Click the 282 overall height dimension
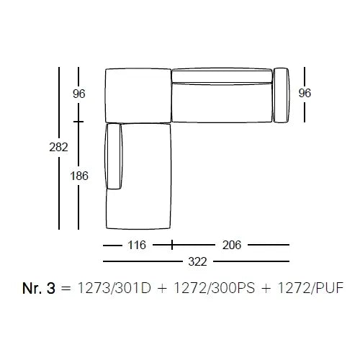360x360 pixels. pos(58,147)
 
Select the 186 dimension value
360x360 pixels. pos(79,176)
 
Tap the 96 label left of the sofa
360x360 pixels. pos(79,94)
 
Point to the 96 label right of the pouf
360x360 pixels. pos(305,93)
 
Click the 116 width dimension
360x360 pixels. pos(137,245)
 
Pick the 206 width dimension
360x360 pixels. pos(232,245)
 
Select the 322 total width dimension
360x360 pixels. pos(197,261)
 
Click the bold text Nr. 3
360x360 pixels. pos(39,288)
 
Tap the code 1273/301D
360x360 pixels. pos(114,288)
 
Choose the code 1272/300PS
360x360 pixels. pos(214,288)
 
